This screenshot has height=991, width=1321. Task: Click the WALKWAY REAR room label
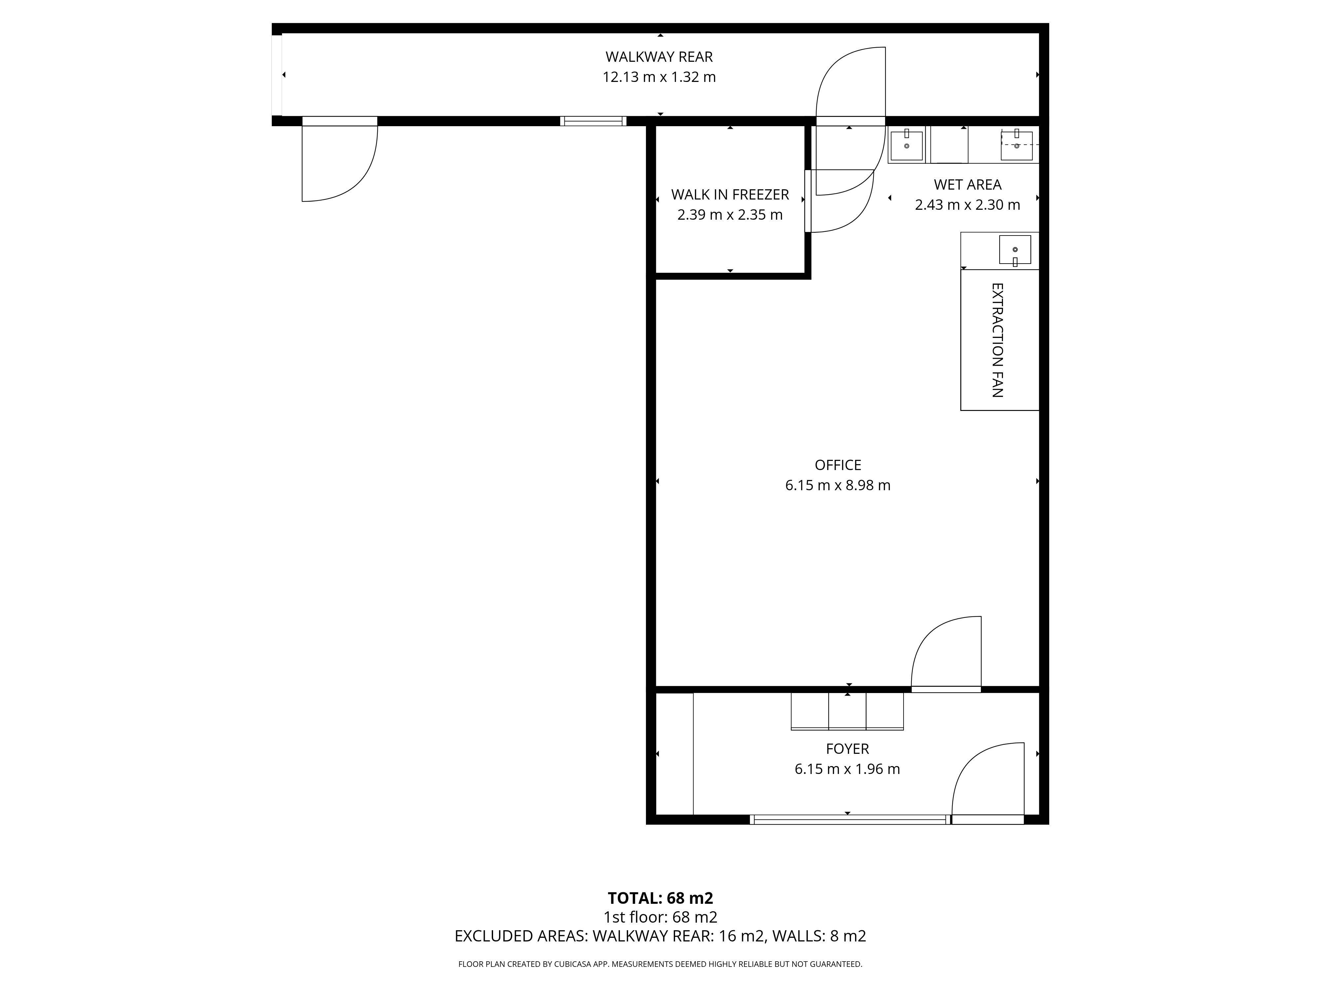coord(659,57)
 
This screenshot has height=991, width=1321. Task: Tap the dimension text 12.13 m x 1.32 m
coord(659,77)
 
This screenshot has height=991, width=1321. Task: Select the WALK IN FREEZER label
coord(730,195)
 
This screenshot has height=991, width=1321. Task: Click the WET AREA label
coord(967,185)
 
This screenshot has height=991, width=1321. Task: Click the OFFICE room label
coord(838,465)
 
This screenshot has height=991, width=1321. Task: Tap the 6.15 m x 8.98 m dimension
coord(838,485)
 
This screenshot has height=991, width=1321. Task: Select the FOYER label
coord(847,749)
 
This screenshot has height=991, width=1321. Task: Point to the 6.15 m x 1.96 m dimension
coord(847,769)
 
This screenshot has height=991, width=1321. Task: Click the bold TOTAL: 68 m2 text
coord(660,898)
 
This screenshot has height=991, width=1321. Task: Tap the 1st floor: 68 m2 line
coord(660,917)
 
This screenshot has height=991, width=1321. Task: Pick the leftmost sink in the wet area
coord(907,145)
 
